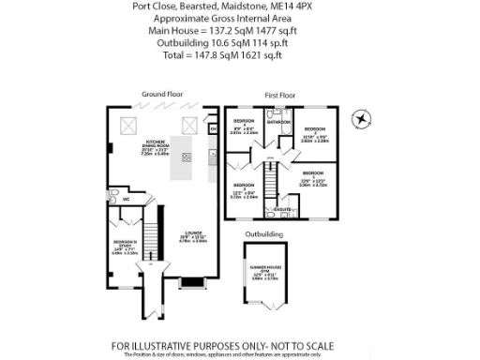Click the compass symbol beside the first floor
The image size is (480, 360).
tap(360, 118)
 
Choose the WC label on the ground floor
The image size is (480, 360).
tap(124, 200)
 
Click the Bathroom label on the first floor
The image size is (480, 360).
tap(277, 123)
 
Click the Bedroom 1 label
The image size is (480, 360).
tap(312, 174)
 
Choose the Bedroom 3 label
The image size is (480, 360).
tap(244, 184)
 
